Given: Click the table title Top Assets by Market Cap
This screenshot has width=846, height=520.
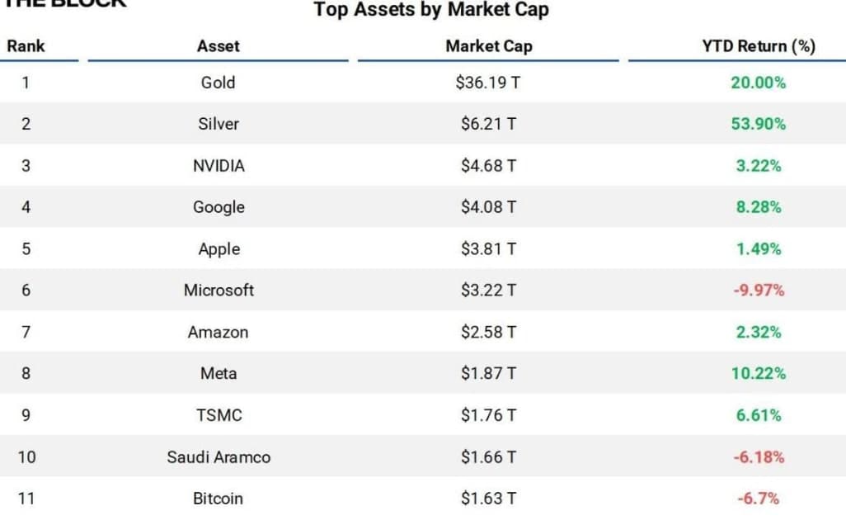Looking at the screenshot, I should point(431,11).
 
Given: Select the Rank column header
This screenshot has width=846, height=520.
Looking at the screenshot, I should point(26,46).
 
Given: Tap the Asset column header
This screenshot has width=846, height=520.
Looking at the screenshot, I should point(218,46).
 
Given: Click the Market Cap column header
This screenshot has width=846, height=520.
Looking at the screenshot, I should point(488,46).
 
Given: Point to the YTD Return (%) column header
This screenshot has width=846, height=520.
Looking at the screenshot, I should point(758,46).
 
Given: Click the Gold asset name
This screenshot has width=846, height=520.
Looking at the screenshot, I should point(218,83).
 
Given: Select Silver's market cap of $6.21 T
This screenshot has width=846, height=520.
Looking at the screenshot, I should point(488,124).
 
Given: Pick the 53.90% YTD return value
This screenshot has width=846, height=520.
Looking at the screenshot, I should point(758,124).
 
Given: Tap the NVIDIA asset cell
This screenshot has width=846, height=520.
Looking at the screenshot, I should point(219,166).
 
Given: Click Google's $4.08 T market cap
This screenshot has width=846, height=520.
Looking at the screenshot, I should point(488,207).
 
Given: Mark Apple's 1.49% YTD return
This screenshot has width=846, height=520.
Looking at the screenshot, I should point(758,249).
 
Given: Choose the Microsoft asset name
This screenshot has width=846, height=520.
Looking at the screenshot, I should point(219,291).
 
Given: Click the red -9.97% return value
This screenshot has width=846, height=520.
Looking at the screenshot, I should point(758,291).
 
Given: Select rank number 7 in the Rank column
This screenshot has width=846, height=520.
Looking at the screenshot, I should point(26,332).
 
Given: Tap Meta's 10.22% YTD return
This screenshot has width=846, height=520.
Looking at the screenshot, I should point(758,374).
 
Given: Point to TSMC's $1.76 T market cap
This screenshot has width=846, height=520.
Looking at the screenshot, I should point(488,415).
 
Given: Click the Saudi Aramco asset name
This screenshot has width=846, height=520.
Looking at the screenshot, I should point(219,457).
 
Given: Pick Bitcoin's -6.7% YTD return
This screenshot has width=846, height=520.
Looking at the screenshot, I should point(758,499).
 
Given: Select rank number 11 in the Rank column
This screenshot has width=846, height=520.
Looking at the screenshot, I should point(26,499).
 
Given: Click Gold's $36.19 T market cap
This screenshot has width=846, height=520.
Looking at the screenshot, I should point(488,83).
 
